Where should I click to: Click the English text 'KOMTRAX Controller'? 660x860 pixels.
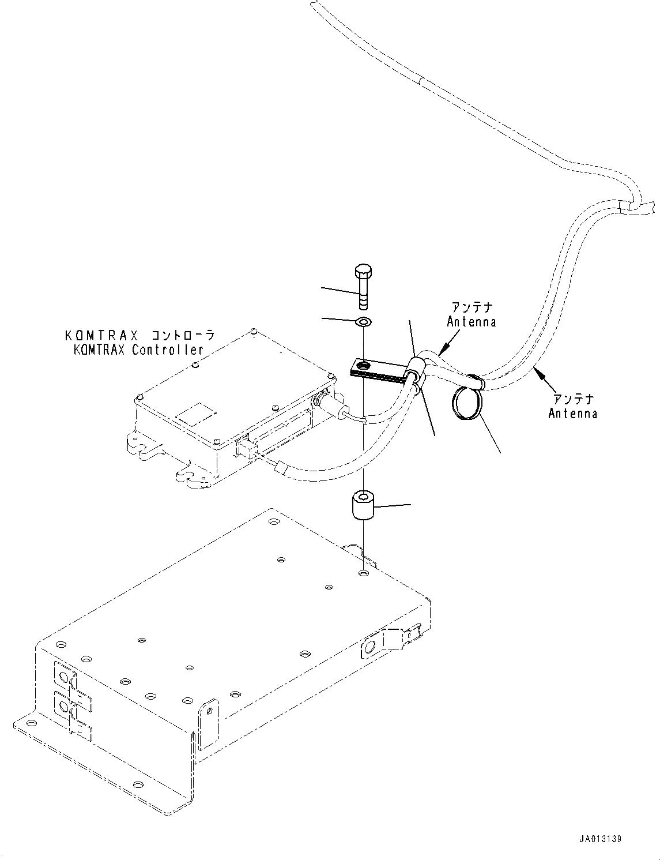pyautogui.click(x=134, y=350)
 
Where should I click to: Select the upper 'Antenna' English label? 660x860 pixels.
pyautogui.click(x=472, y=322)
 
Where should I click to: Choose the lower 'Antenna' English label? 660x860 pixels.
pyautogui.click(x=572, y=413)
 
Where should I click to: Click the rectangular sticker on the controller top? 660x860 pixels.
pyautogui.click(x=196, y=412)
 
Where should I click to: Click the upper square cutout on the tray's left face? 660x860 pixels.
pyautogui.click(x=65, y=677)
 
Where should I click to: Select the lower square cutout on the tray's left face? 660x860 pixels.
pyautogui.click(x=65, y=705)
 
